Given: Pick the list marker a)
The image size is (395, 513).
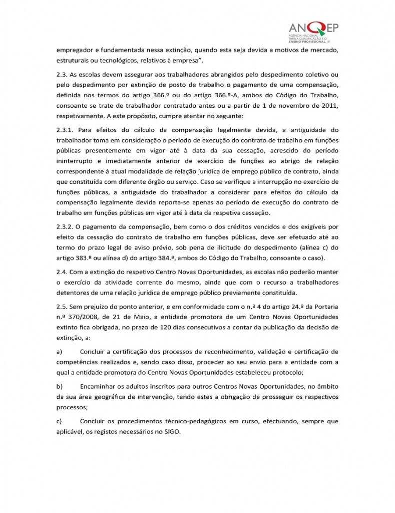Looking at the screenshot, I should click(59, 352).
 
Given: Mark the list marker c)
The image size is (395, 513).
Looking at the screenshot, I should click(59, 421).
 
